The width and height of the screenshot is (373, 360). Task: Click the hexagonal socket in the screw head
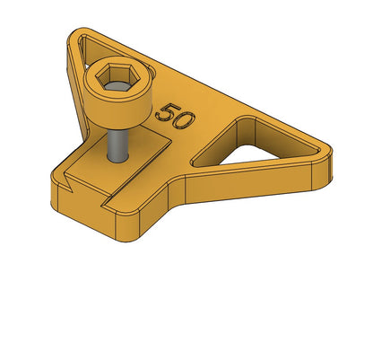point(117,76)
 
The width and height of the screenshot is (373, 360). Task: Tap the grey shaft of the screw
point(118,146)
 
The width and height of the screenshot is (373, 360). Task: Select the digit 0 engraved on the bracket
point(183,121)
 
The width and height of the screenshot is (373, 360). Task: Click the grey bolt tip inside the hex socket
point(117,86)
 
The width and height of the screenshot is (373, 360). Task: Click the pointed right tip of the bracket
point(329,150)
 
